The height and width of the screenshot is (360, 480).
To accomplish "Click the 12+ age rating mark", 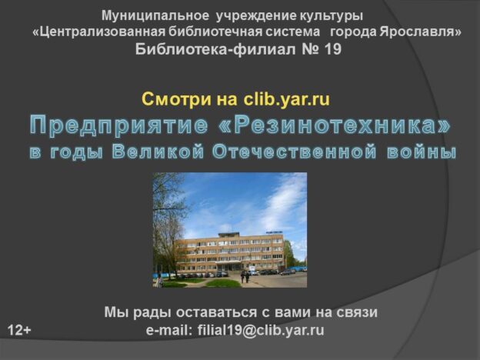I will (19, 331).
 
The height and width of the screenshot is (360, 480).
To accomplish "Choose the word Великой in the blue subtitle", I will (161, 152).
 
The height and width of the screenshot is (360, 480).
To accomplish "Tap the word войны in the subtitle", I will (420, 152).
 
